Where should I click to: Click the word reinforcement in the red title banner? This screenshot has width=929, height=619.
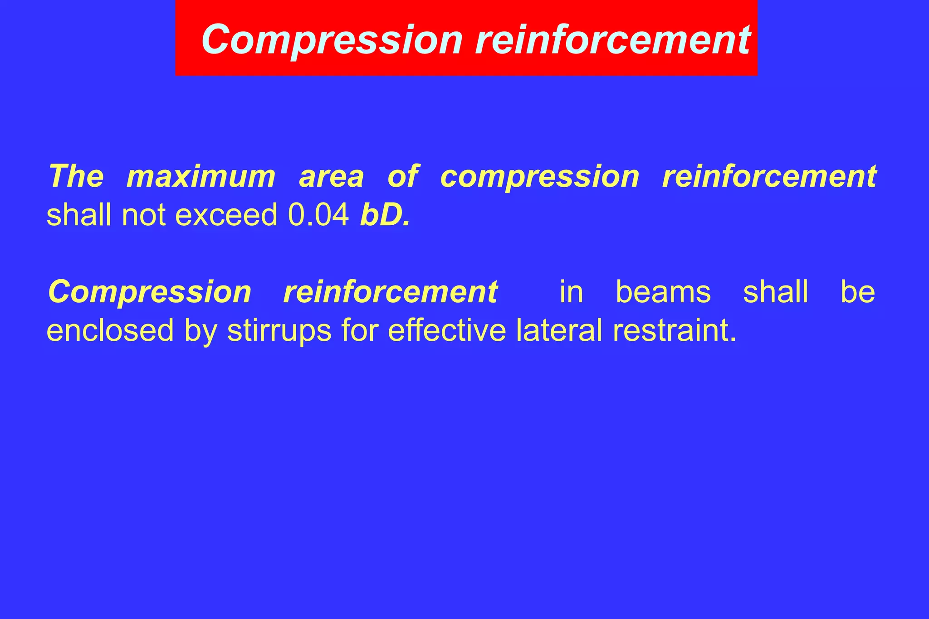click(613, 40)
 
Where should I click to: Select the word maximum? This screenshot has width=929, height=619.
click(201, 176)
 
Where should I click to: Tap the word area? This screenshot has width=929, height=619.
click(331, 176)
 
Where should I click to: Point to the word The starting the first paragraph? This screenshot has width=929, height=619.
click(76, 176)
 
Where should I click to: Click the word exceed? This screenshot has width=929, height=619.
click(226, 215)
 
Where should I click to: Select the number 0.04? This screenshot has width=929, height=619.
click(318, 215)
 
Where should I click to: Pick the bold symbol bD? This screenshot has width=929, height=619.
click(384, 215)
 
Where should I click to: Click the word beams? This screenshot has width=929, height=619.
click(663, 292)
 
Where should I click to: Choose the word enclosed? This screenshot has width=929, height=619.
click(110, 330)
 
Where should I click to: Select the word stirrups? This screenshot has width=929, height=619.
click(279, 330)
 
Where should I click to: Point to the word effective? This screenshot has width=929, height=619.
click(447, 330)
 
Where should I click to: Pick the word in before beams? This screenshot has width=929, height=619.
click(571, 292)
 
